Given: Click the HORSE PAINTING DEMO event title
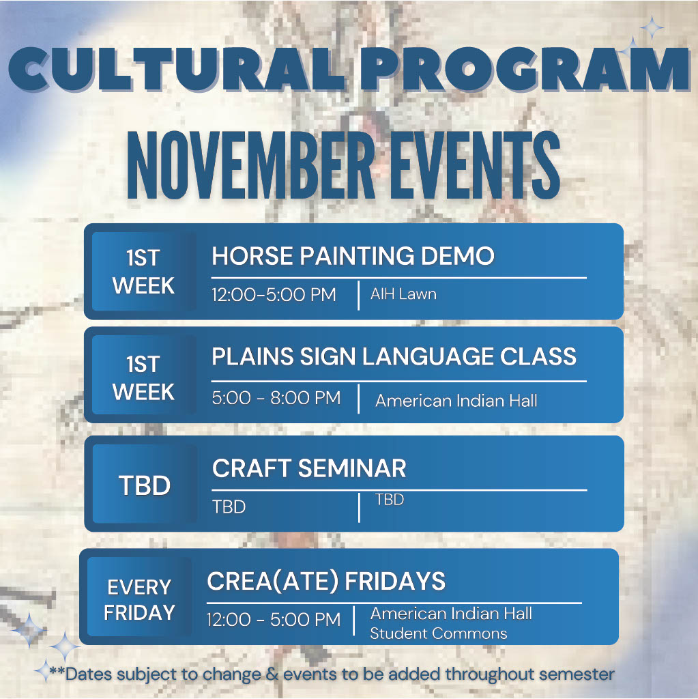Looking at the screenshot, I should coord(353,257).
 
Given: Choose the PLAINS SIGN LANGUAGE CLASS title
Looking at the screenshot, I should coord(394,357).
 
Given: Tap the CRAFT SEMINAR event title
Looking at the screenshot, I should coord(309,469).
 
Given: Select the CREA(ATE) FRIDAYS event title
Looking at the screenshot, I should coord(326,582).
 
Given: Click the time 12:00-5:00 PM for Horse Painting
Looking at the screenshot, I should coord(274,295).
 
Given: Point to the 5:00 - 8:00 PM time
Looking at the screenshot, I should coord(276,398).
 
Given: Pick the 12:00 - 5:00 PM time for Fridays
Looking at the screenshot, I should coord(274,620).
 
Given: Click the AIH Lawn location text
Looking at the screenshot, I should coord(403,294).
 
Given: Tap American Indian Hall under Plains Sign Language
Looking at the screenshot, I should coord(456,400).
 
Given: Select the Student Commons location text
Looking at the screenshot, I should coord(438,633).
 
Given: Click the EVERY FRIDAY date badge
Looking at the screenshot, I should coord(139,599).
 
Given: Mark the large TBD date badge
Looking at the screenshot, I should coord(144,486).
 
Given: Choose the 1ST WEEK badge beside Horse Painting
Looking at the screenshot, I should coord(143,272).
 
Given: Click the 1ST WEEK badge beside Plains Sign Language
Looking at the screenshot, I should coord(143,379).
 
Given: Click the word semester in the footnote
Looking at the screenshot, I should coord(577,674).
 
